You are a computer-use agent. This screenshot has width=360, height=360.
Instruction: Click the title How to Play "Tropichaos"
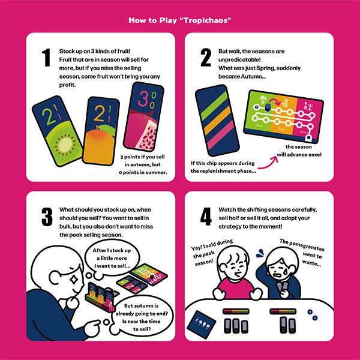tap(180, 20)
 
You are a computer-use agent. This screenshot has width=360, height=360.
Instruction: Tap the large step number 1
tap(46, 58)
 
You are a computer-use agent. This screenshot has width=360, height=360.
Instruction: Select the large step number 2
tap(206, 58)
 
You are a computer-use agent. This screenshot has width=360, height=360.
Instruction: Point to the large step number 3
tap(47, 217)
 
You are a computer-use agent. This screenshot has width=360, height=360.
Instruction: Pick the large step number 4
tap(206, 217)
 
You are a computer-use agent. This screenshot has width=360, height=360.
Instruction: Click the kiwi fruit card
tap(58, 131)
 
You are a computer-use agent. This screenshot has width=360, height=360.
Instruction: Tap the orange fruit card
tap(101, 131)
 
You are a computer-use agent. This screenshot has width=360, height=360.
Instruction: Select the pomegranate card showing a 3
tap(143, 116)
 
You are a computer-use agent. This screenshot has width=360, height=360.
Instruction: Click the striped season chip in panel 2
tap(217, 121)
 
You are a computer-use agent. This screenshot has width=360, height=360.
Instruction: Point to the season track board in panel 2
tap(283, 116)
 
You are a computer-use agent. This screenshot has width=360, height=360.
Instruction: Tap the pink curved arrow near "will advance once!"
tap(268, 163)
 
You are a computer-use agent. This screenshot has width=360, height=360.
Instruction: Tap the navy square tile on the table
tap(202, 325)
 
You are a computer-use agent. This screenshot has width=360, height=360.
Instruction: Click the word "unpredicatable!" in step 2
tap(239, 59)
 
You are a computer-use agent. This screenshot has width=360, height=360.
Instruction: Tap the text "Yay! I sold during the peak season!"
tap(211, 253)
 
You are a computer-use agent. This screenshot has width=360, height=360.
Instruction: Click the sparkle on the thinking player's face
tap(74, 280)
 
